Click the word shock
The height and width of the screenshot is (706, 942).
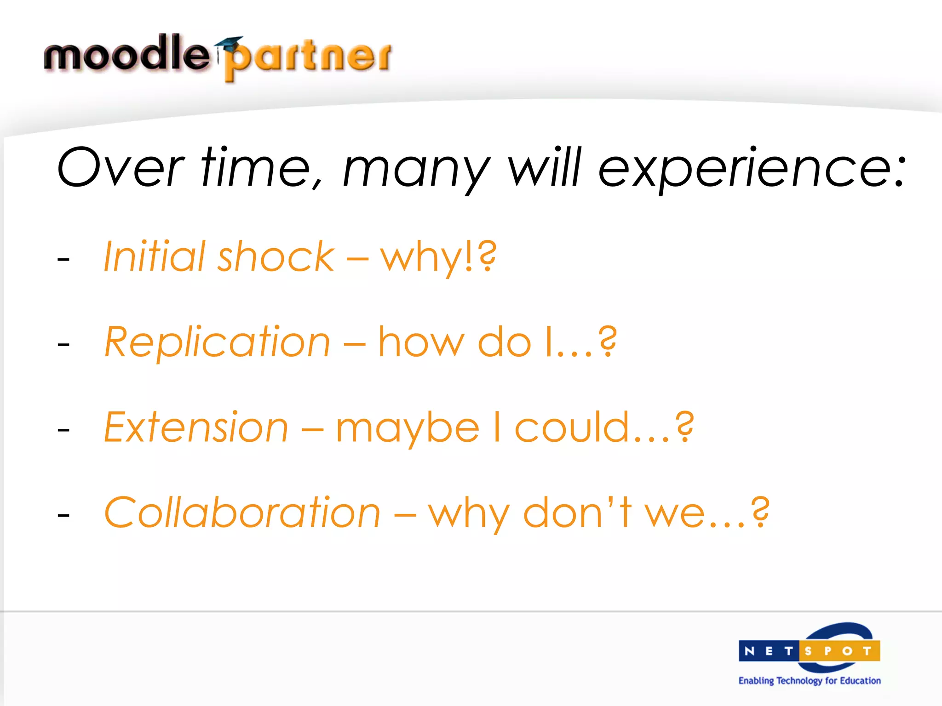tap(276, 256)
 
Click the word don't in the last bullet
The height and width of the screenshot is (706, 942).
tap(578, 512)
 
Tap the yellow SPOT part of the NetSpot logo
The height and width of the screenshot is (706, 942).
tap(839, 651)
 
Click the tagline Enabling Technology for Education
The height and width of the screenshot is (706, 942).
tap(810, 681)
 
